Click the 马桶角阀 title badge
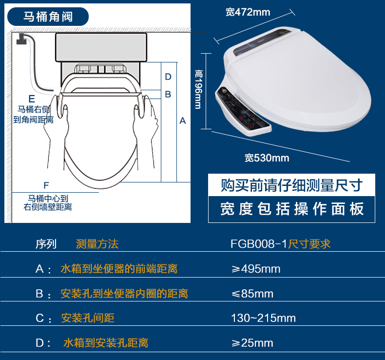pyautogui.click(x=48, y=17)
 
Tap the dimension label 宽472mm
pyautogui.click(x=248, y=12)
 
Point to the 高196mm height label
pyautogui.click(x=198, y=89)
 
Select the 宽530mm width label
pyautogui.click(x=267, y=158)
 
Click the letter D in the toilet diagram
pyautogui.click(x=168, y=77)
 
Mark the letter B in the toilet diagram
pyautogui.click(x=168, y=94)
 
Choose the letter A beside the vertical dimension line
pyautogui.click(x=183, y=120)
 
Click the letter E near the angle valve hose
pyautogui.click(x=32, y=99)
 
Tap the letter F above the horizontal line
pyautogui.click(x=46, y=185)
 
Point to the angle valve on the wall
pyautogui.click(x=21, y=40)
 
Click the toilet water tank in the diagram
pyautogui.click(x=101, y=47)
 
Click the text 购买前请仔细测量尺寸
pyautogui.click(x=291, y=185)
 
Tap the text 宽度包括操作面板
pyautogui.click(x=292, y=209)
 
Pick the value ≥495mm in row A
pyautogui.click(x=256, y=269)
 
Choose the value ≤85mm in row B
pyautogui.click(x=252, y=294)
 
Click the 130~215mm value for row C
pyautogui.click(x=264, y=318)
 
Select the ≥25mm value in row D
pyautogui.click(x=252, y=343)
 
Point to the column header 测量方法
pyautogui.click(x=97, y=244)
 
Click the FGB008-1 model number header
pyautogui.click(x=259, y=244)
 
